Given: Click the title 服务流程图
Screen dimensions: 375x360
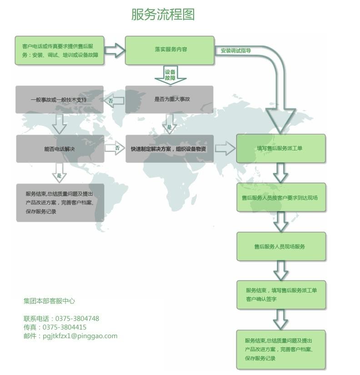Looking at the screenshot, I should pos(163,15).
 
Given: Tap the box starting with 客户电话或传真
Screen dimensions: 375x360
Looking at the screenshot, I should pos(60,50).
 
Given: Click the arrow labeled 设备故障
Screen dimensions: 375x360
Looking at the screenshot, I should pos(170,75).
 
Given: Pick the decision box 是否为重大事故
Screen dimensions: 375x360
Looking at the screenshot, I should pos(169,99).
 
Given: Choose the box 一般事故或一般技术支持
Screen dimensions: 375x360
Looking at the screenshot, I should pos(60,99).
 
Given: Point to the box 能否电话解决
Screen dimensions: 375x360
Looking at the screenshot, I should pos(60,148).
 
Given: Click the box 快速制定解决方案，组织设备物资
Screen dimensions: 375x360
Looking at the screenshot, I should pos(169,148).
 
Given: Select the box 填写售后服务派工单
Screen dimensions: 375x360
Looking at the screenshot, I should pos(280,148).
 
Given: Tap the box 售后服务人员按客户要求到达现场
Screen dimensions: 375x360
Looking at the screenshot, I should pos(280,198).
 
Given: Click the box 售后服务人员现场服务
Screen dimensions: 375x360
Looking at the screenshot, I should pos(280,247).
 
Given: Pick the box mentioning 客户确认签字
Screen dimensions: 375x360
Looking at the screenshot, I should pos(280,294).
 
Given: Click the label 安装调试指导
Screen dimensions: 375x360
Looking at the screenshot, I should pos(236,51).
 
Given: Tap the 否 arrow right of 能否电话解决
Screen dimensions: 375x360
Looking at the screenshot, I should pos(115,148).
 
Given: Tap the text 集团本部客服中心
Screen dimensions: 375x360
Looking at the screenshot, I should pos(49,301).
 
